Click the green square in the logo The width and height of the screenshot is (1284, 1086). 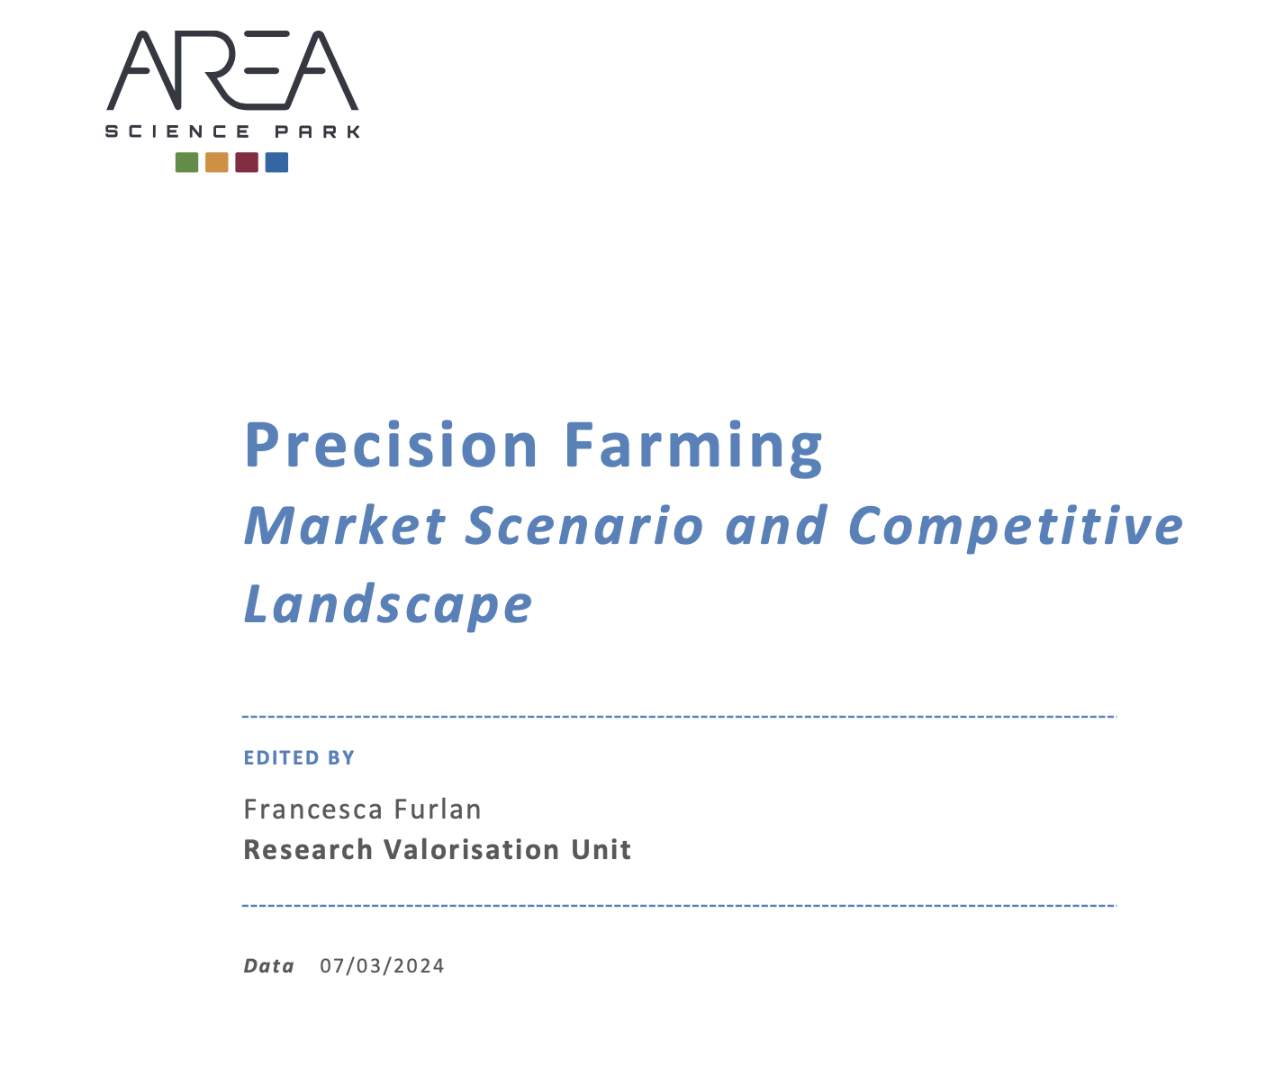187,162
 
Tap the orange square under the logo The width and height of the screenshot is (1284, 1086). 217,162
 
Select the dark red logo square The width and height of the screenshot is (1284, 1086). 247,162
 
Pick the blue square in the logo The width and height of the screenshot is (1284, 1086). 276,162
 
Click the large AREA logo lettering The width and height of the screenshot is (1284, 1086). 232,70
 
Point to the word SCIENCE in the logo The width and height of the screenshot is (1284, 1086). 177,131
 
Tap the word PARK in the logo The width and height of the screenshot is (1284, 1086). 317,131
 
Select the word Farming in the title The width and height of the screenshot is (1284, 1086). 694,448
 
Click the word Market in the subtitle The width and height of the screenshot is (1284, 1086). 345,526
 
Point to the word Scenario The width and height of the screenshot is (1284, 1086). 584,526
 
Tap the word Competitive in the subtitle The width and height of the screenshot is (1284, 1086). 1016,528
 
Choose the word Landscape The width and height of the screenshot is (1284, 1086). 388,605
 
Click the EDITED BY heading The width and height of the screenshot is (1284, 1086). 299,758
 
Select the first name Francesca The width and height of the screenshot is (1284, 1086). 313,810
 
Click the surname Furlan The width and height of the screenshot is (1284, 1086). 438,810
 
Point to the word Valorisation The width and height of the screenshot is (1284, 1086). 472,850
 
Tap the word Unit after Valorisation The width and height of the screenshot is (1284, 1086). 601,850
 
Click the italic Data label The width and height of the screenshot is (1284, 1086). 268,966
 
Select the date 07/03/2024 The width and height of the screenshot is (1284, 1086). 382,966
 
